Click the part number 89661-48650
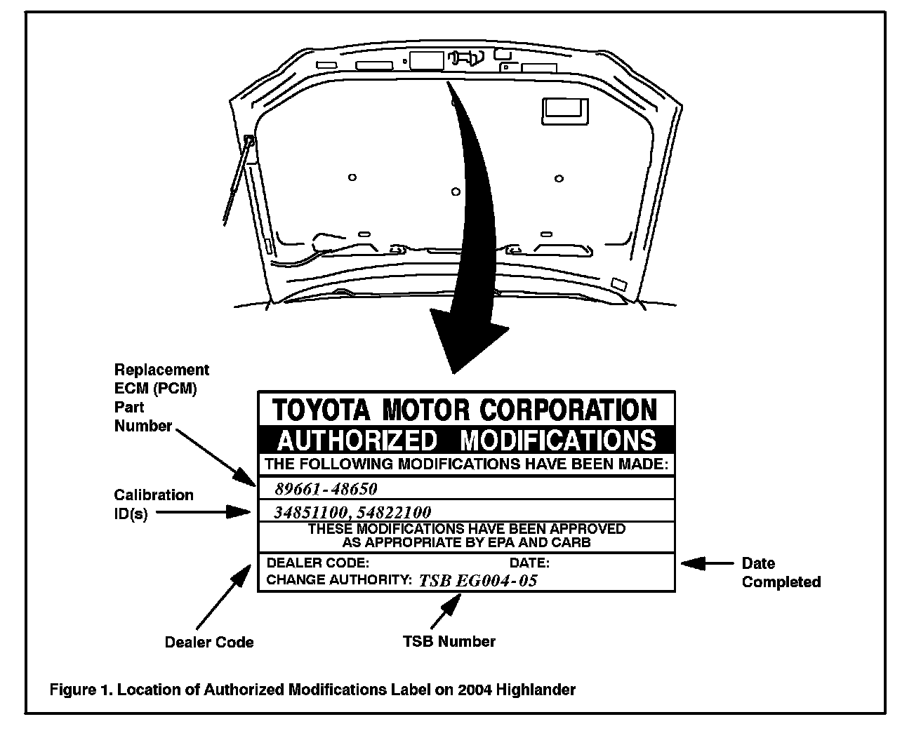coord(326,489)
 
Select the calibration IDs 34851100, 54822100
coord(352,512)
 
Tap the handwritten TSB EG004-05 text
coord(478,580)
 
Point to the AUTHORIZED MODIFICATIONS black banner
coord(466,440)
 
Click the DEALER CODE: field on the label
coord(317,563)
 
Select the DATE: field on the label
coord(529,563)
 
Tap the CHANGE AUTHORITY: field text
coord(339,580)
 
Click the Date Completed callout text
coord(781,572)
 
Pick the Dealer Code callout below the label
coord(208,642)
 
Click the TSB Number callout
coord(449,641)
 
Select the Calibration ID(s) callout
coord(153,504)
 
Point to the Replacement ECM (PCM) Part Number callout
coord(161,397)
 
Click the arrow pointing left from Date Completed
coord(705,563)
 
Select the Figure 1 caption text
coord(312,690)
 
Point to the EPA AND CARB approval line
coord(466,542)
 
